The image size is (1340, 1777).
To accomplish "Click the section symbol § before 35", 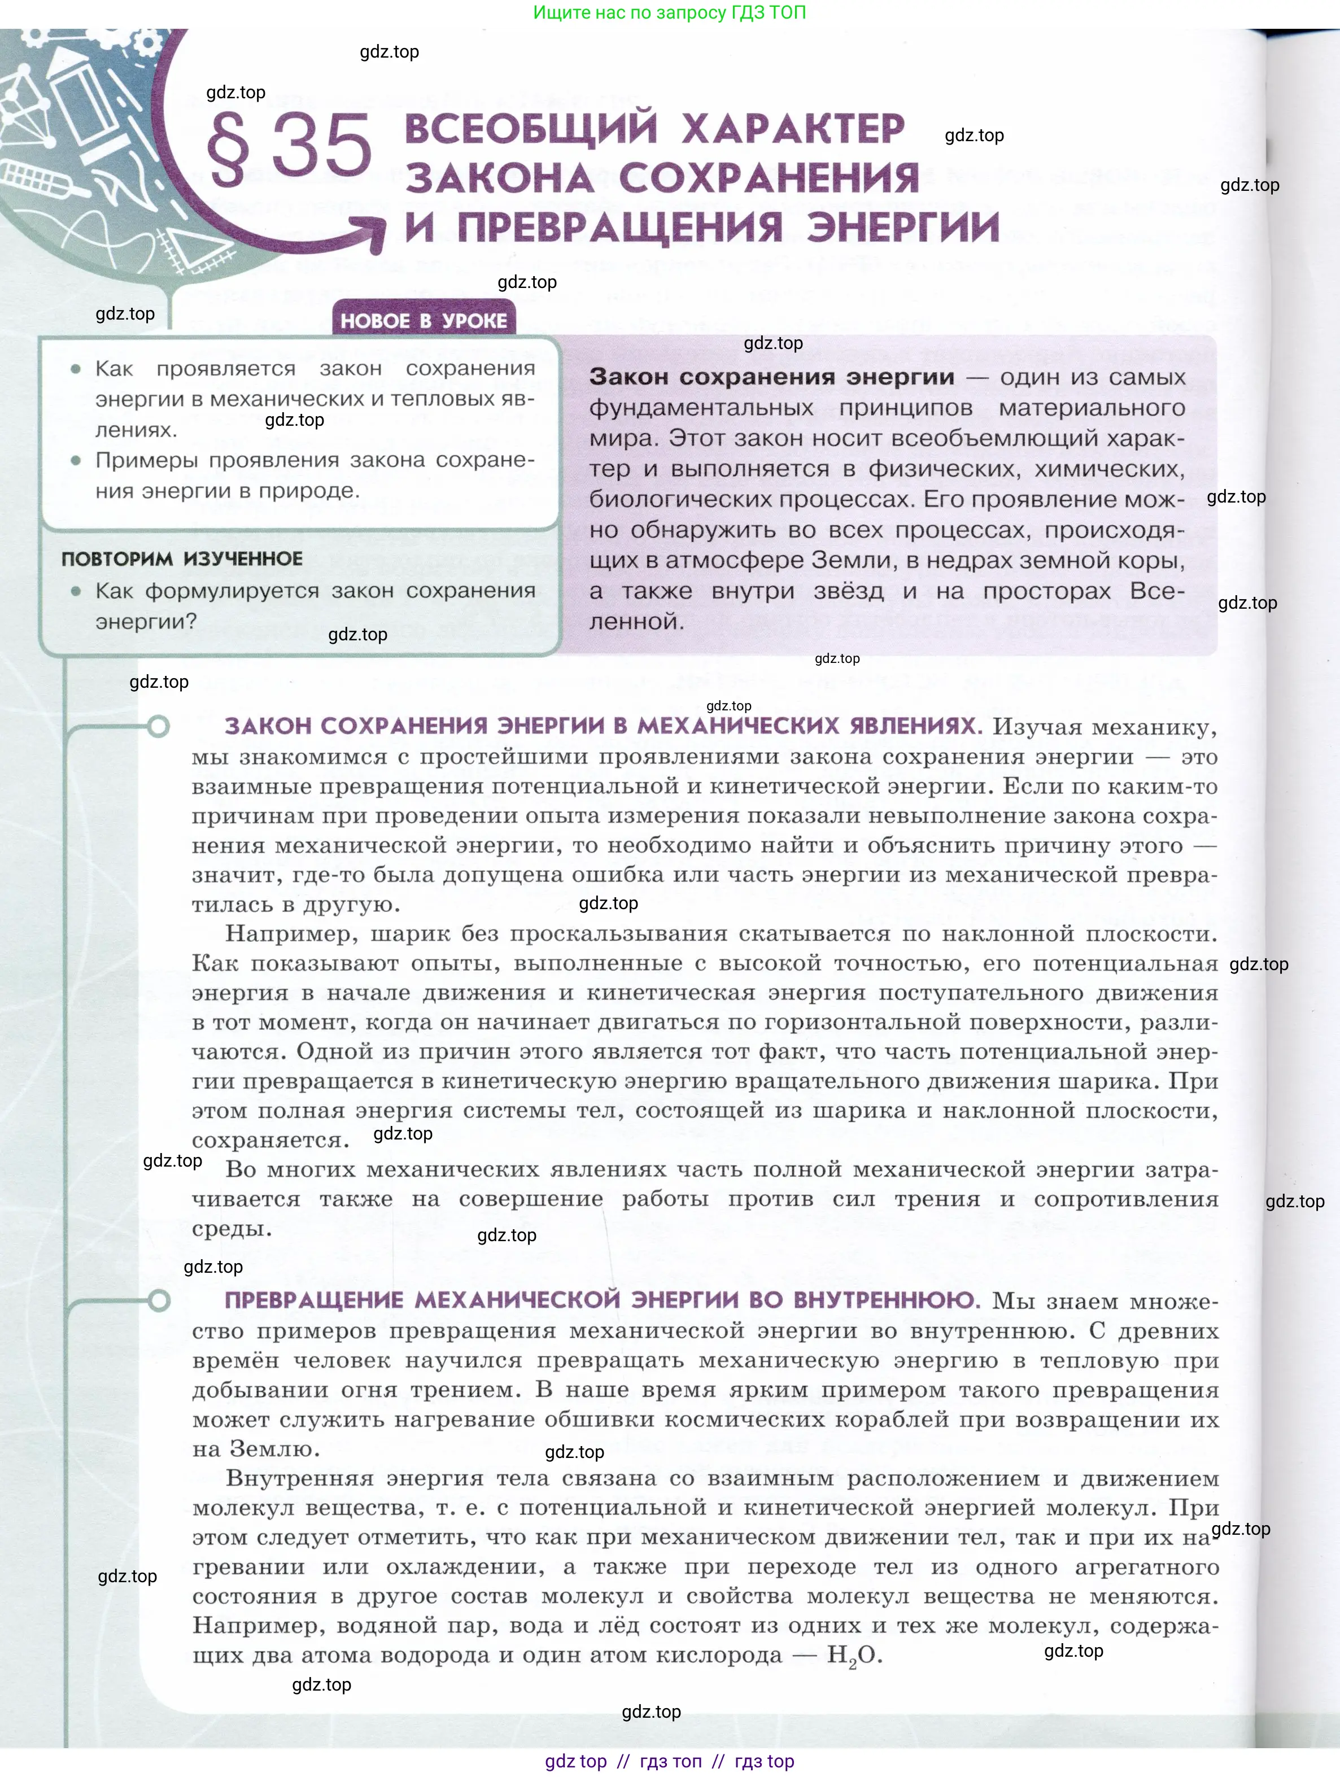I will pyautogui.click(x=228, y=148).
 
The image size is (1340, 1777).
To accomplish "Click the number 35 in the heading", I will pyautogui.click(x=321, y=146).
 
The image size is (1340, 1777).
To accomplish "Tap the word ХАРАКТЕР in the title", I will pyautogui.click(x=794, y=129).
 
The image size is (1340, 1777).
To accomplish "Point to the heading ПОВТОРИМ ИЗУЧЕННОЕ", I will pyautogui.click(x=182, y=559).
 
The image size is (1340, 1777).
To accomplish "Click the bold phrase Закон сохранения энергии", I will pyautogui.click(x=771, y=377).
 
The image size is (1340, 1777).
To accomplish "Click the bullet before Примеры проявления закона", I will pyautogui.click(x=76, y=460).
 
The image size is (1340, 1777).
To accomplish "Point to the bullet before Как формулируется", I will pyautogui.click(x=76, y=591).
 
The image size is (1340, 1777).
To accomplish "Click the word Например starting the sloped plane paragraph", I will pyautogui.click(x=276, y=933).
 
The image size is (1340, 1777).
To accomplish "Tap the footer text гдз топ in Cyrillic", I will pyautogui.click(x=671, y=1761).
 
